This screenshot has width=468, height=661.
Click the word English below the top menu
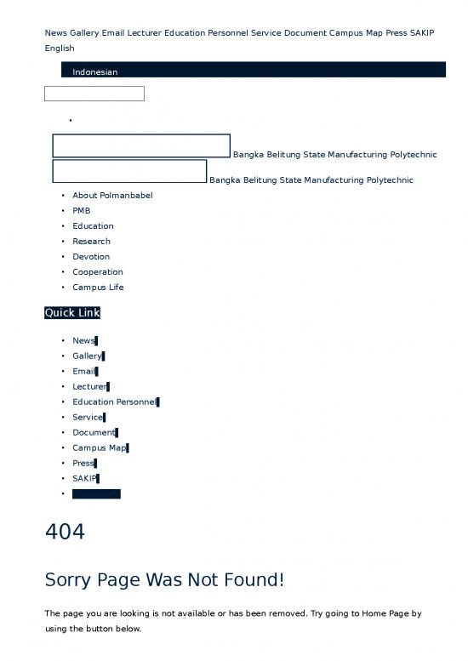(x=60, y=48)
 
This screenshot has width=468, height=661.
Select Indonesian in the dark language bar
(x=94, y=72)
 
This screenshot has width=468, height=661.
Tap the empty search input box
(x=94, y=94)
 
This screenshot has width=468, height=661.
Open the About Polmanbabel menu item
(x=112, y=196)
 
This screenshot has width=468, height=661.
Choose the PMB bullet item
(x=82, y=211)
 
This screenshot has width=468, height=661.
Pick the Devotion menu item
(x=91, y=257)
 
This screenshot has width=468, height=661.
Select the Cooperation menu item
(x=98, y=272)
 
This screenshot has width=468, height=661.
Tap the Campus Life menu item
(x=98, y=288)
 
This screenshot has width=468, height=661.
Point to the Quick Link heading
(x=72, y=313)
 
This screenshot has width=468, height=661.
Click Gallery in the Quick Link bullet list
(x=87, y=356)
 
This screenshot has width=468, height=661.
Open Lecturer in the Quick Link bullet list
(x=89, y=387)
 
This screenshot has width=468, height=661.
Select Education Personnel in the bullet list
(x=115, y=402)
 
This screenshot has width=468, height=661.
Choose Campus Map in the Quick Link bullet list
(x=100, y=448)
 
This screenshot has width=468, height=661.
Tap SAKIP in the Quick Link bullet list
(x=85, y=479)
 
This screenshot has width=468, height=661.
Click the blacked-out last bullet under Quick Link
(x=96, y=494)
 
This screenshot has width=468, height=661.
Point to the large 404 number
(x=65, y=533)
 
